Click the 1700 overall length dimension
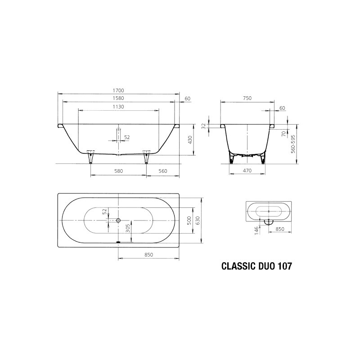(118, 90)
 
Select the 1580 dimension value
(118, 98)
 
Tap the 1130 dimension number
(118, 107)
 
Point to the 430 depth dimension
(189, 140)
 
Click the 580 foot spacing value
(118, 171)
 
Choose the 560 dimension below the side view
(162, 171)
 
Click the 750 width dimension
(247, 98)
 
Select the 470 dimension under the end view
(247, 171)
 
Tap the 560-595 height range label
(293, 144)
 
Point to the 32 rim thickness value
(203, 126)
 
